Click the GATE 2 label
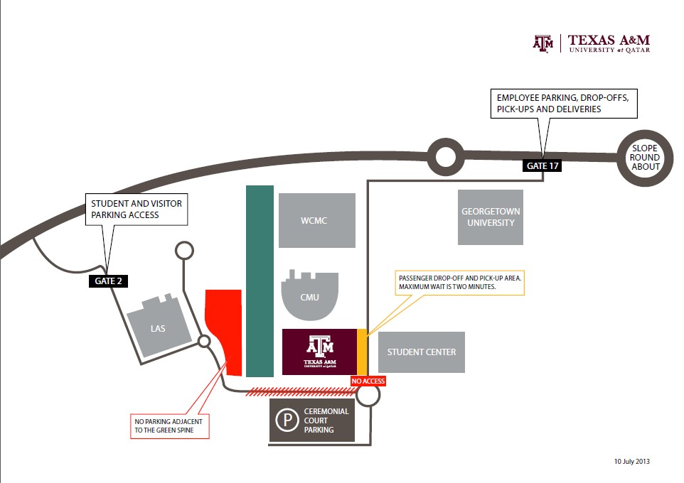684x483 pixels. pos(109,281)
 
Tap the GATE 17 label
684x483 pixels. pos(543,166)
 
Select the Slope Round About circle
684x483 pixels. pos(646,158)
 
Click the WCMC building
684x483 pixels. pos(316,220)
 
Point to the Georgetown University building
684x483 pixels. pos(491,217)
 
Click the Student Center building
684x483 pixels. pos(421,352)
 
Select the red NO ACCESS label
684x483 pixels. pos(368,381)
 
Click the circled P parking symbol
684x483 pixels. pos(287,420)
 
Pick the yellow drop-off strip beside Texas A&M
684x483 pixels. pos(362,352)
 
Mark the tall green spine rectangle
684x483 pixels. pos(260,281)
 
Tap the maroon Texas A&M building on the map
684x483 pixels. pos(319,352)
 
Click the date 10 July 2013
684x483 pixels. pos(631,461)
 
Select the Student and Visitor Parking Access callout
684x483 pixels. pos(136,209)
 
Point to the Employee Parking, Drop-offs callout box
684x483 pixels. pos(564,104)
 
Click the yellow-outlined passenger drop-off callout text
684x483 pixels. pos(459,282)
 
